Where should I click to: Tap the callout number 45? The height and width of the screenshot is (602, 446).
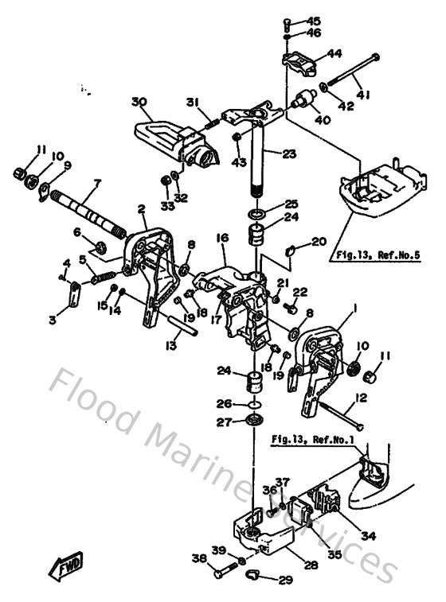click(314, 21)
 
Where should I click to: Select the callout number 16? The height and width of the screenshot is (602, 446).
click(222, 237)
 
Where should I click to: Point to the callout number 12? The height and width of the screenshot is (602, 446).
click(361, 397)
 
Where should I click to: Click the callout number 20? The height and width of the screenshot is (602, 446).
click(319, 241)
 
